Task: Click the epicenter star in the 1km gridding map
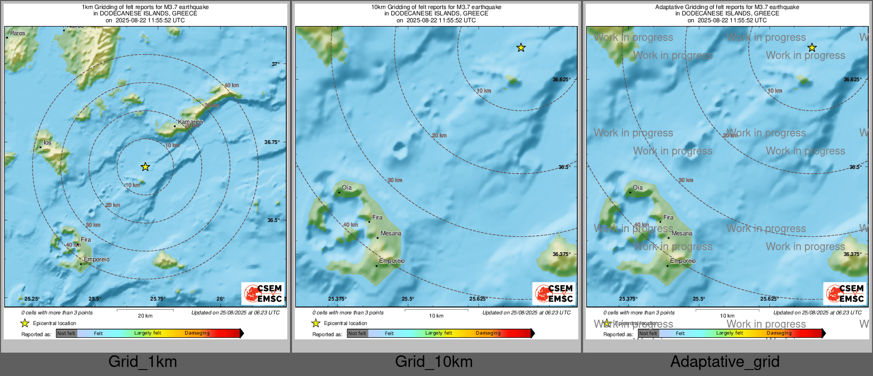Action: click(x=145, y=167)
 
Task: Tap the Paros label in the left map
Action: click(x=18, y=33)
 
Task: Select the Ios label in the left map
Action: click(x=47, y=142)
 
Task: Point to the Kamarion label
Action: click(x=190, y=122)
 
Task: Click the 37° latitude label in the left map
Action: click(x=276, y=64)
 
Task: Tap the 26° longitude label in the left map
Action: click(x=220, y=299)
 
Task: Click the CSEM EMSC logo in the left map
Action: click(x=263, y=293)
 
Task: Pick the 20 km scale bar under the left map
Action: click(x=145, y=310)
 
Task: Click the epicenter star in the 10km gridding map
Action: click(x=521, y=48)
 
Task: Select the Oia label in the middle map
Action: click(x=347, y=187)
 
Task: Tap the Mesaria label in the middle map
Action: click(x=391, y=233)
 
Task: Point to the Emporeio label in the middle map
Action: click(x=392, y=261)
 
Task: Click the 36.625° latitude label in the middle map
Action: click(x=561, y=80)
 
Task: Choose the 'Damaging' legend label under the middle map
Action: click(x=488, y=333)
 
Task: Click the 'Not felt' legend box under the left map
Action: click(x=66, y=334)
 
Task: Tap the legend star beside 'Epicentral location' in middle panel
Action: click(x=316, y=323)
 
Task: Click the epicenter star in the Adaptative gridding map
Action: click(x=812, y=48)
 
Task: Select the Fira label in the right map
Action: click(x=668, y=217)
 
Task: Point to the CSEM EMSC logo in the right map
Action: click(x=845, y=293)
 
